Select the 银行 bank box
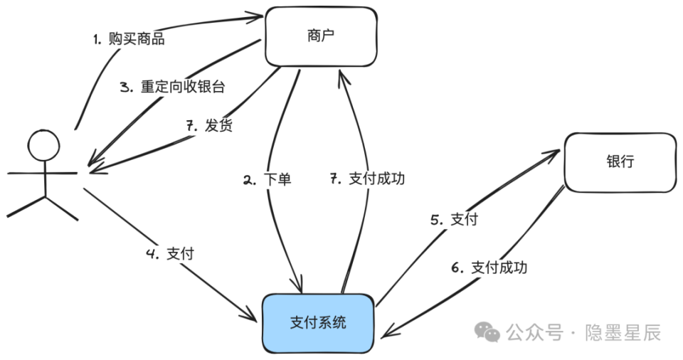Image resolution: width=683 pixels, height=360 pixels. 620,162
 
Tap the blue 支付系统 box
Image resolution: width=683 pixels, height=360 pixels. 319,322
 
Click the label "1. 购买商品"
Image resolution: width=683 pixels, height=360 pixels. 129,38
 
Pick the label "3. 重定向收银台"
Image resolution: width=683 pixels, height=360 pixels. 172,88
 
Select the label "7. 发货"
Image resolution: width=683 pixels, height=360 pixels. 209,126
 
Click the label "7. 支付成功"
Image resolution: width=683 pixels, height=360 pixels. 368,179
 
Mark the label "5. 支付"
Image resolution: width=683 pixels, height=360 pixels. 454,220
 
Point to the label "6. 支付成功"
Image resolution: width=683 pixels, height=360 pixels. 489,268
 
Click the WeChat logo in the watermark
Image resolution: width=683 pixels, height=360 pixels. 488,332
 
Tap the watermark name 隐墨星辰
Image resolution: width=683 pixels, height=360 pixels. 623,332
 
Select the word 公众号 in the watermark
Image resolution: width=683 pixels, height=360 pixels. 534,332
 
